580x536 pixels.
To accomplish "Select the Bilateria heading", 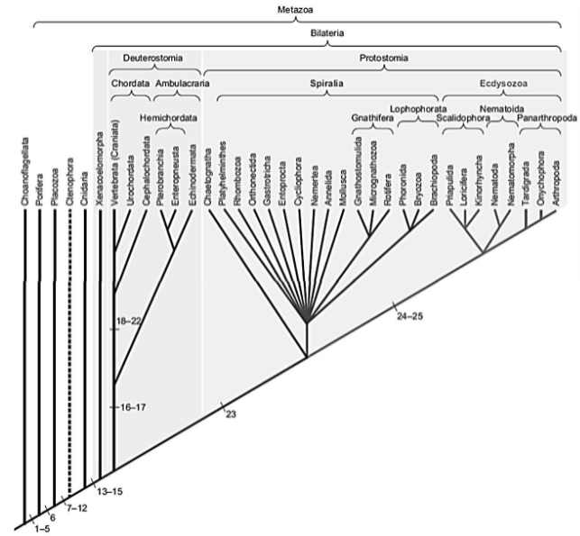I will click(x=328, y=33).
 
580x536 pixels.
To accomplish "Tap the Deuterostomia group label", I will click(x=147, y=58).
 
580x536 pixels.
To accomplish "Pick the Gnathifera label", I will click(x=372, y=118).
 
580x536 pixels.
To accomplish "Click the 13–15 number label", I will click(x=109, y=491).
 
